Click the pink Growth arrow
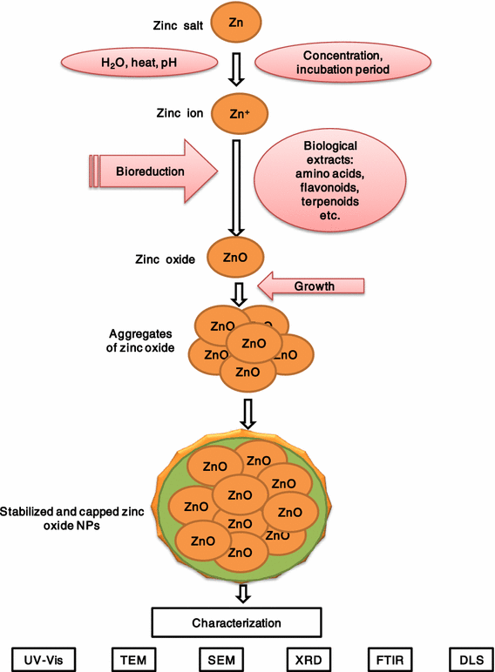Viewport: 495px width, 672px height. tap(314, 284)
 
